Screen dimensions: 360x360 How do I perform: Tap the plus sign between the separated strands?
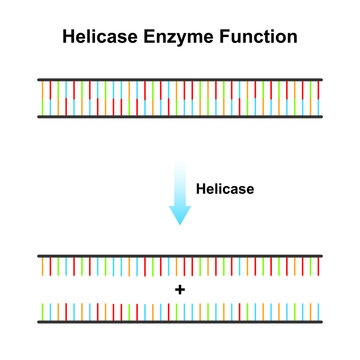coord(180,289)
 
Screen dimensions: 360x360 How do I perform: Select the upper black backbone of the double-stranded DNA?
coord(180,79)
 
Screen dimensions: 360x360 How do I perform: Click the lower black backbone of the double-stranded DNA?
coord(180,117)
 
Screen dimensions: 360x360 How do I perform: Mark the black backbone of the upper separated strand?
coord(180,255)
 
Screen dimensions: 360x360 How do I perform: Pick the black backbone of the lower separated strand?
coord(180,322)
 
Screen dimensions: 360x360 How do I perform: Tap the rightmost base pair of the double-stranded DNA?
coord(317,98)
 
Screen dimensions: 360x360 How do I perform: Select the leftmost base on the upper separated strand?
coord(44,267)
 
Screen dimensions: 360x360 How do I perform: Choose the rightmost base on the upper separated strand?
coord(317,267)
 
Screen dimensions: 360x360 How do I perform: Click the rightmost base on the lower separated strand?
coord(317,310)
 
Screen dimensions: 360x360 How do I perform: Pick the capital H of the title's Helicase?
coord(68,39)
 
